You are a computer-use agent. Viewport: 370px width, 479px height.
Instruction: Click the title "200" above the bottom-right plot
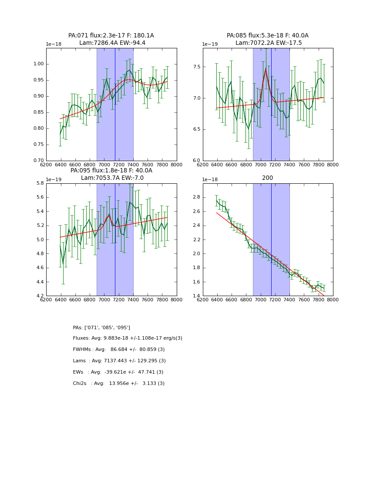pyautogui.click(x=267, y=178)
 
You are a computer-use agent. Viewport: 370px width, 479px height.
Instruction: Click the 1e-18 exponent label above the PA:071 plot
pyautogui.click(x=54, y=44)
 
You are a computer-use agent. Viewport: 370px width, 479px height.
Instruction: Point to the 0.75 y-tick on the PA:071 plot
pyautogui.click(x=39, y=145)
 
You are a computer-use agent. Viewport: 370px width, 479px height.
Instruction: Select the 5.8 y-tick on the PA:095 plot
pyautogui.click(x=39, y=183)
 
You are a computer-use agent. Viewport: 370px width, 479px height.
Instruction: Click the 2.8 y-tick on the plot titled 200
pyautogui.click(x=195, y=197)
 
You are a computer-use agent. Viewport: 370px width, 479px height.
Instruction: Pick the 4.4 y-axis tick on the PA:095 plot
pyautogui.click(x=39, y=282)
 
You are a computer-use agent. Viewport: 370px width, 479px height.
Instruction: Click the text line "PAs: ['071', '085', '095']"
pyautogui.click(x=101, y=327)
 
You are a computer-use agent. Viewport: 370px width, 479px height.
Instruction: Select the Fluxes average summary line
pyautogui.click(x=128, y=338)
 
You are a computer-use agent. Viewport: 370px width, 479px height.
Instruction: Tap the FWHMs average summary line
pyautogui.click(x=119, y=350)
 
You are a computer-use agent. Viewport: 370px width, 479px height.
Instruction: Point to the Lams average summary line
pyautogui.click(x=119, y=361)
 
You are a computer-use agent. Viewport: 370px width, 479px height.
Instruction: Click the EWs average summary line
pyautogui.click(x=118, y=372)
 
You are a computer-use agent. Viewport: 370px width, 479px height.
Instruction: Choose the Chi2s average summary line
pyautogui.click(x=119, y=384)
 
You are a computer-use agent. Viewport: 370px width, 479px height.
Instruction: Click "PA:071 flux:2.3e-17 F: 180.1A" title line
pyautogui.click(x=111, y=36)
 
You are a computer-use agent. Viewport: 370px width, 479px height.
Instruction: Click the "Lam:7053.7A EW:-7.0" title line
pyautogui.click(x=112, y=178)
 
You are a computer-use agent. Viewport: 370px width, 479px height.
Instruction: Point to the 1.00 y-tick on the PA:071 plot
pyautogui.click(x=39, y=64)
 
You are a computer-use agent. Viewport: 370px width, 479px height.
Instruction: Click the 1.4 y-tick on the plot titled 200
pyautogui.click(x=195, y=296)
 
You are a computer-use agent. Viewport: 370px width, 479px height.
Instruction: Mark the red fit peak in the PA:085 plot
pyautogui.click(x=266, y=68)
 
